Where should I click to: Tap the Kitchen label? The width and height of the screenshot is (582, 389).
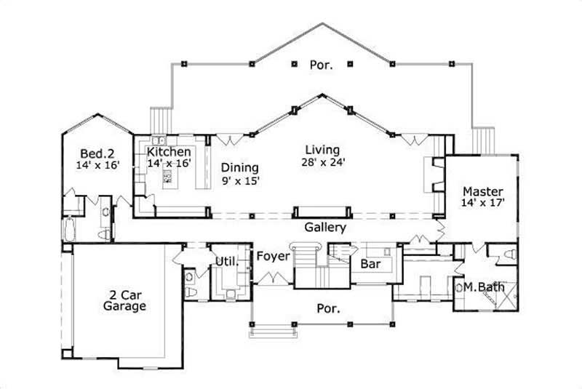[170, 152]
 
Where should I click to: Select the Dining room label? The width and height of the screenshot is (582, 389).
[239, 167]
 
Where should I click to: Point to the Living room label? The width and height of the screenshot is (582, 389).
[323, 150]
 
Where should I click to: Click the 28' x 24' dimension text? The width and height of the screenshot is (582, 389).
[323, 162]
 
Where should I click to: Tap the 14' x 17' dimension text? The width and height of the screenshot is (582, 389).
[482, 204]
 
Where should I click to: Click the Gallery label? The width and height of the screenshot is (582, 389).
[324, 228]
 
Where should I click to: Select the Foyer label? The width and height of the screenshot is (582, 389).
[274, 257]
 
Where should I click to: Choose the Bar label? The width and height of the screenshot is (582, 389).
[370, 265]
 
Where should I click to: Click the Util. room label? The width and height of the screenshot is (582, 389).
[226, 260]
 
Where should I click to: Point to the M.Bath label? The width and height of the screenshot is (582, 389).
[480, 287]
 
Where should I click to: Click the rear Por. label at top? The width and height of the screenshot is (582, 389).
[321, 65]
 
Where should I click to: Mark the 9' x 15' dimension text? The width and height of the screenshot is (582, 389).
[241, 180]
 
